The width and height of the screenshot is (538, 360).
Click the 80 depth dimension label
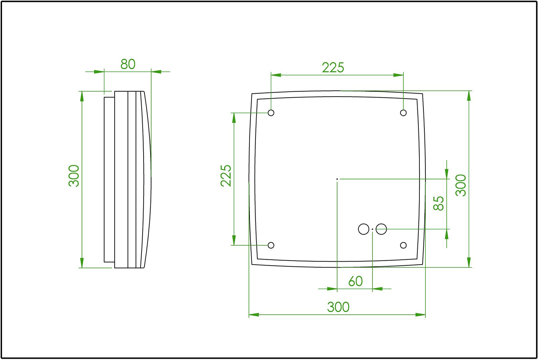(x=128, y=64)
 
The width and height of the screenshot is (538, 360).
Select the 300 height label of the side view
(x=74, y=176)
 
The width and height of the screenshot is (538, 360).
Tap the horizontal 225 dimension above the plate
(x=333, y=68)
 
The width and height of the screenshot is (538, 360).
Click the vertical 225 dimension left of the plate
(x=226, y=175)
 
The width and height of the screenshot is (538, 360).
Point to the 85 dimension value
(x=439, y=203)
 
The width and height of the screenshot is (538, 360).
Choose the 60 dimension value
(x=355, y=281)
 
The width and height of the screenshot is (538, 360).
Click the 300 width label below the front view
(x=338, y=307)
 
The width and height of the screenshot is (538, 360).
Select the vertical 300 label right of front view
(x=461, y=185)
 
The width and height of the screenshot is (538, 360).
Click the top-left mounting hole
(x=271, y=113)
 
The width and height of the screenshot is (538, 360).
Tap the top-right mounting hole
(x=403, y=113)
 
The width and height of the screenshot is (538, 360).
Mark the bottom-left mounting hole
(x=271, y=245)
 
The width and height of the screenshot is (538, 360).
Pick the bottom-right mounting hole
(x=403, y=245)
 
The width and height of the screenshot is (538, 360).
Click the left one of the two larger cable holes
(x=363, y=229)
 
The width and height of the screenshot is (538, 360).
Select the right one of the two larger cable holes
(x=381, y=229)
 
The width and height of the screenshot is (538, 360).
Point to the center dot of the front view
(x=337, y=179)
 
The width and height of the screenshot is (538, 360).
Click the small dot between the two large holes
(x=372, y=229)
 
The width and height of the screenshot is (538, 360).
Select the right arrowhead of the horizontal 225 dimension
(x=398, y=75)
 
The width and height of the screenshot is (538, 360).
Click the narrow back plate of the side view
(x=109, y=179)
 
